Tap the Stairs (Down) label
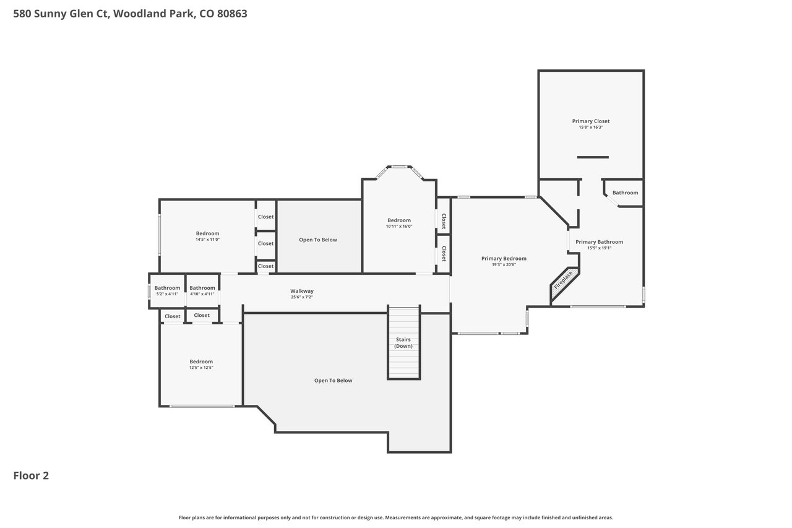[x=403, y=343]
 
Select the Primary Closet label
[x=591, y=121]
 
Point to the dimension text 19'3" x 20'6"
[x=504, y=264]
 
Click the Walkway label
[x=302, y=291]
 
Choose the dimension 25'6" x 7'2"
[x=302, y=297]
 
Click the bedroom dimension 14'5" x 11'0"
[x=207, y=240]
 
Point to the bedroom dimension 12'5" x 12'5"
[x=201, y=368]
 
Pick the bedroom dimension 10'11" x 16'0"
[x=399, y=227]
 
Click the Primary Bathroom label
[x=600, y=242]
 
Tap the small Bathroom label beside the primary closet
[x=625, y=193]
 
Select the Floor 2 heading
[x=31, y=475]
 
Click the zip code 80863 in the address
[x=232, y=14]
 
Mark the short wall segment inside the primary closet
[x=593, y=157]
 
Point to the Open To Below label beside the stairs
[x=333, y=381]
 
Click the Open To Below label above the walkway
[x=318, y=240]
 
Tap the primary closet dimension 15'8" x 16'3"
[x=591, y=128]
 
